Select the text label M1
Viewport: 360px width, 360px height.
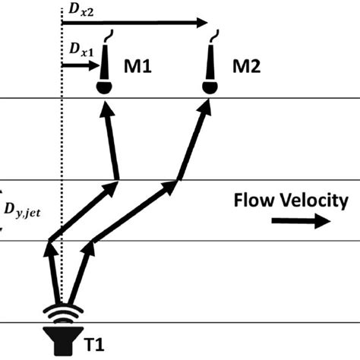[137, 68]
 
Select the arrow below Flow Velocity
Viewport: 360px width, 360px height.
[301, 222]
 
